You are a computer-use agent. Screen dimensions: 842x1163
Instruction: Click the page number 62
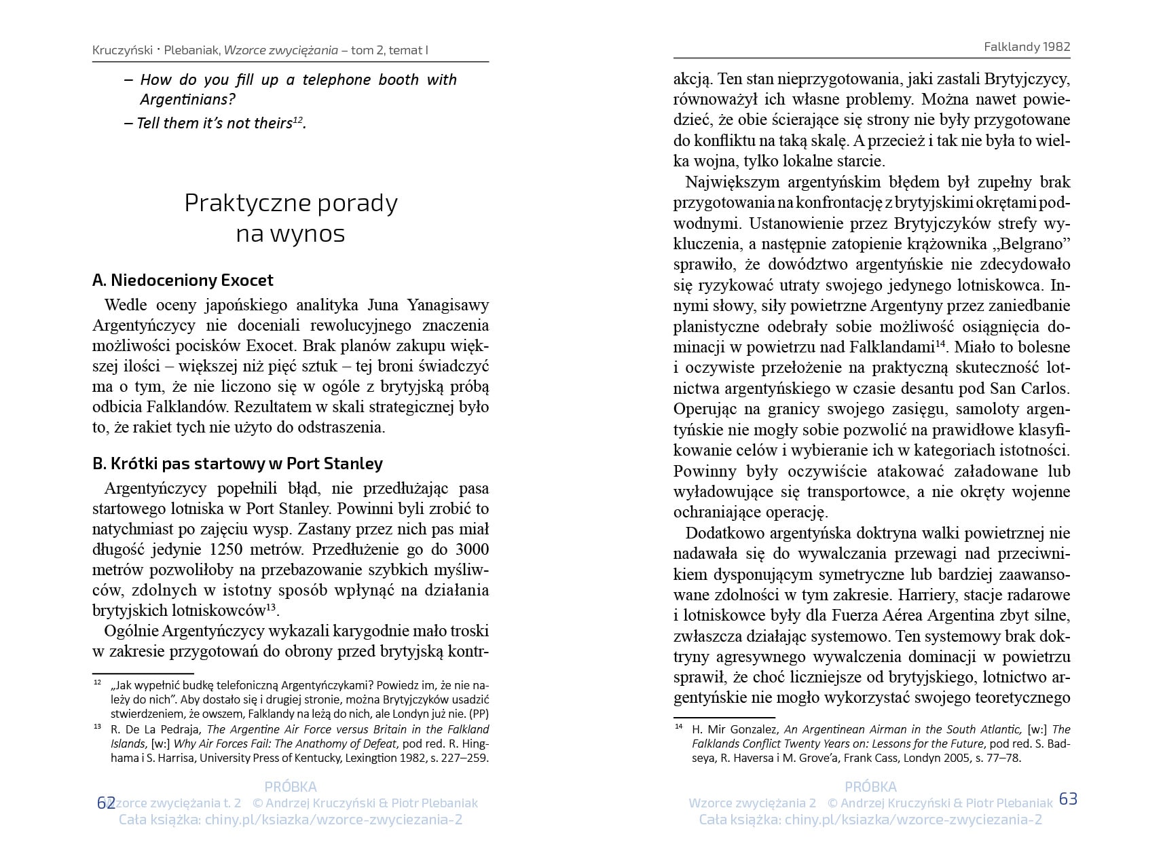click(106, 803)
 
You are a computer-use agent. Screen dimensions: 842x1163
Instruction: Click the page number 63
click(1068, 799)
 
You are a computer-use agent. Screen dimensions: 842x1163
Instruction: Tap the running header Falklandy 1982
click(1027, 46)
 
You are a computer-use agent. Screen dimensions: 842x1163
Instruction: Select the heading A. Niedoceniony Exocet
click(183, 280)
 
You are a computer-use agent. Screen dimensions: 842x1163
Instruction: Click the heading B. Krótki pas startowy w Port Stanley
click(237, 463)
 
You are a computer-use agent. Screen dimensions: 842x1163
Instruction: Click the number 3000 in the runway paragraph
click(472, 549)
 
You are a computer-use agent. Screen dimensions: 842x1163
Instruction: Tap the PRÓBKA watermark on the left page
click(291, 787)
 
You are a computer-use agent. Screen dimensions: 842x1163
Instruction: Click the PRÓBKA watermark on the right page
click(870, 787)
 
